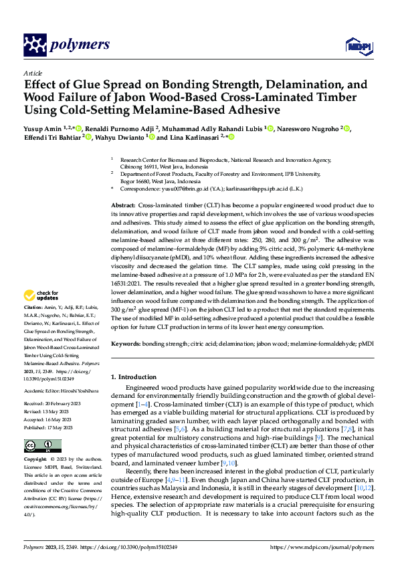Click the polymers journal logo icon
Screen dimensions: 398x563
[x=35, y=45]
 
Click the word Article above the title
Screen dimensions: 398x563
[x=33, y=73]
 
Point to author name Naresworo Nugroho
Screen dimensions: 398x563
[x=308, y=128]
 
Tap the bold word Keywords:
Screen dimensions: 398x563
[x=125, y=344]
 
